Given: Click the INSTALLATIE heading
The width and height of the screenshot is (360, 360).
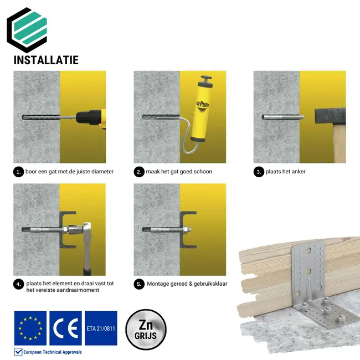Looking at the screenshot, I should click(x=46, y=60).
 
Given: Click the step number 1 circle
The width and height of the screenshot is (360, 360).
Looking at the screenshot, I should click(x=19, y=172).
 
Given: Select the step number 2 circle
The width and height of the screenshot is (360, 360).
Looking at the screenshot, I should click(x=139, y=172).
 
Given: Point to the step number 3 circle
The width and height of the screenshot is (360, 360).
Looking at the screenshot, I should click(x=259, y=172).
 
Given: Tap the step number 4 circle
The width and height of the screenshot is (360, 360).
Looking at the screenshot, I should click(x=19, y=284).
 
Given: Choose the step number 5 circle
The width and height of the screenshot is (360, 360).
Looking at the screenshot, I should click(x=139, y=284).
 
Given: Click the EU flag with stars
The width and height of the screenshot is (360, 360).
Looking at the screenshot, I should click(x=30, y=328).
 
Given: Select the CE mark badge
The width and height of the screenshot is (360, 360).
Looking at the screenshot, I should click(x=65, y=328).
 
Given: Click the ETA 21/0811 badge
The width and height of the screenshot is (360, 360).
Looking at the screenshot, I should click(x=101, y=328).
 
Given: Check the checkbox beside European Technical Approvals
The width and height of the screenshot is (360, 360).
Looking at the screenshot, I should click(x=18, y=352).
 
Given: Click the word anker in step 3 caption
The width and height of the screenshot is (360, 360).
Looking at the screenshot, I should click(x=297, y=172).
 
